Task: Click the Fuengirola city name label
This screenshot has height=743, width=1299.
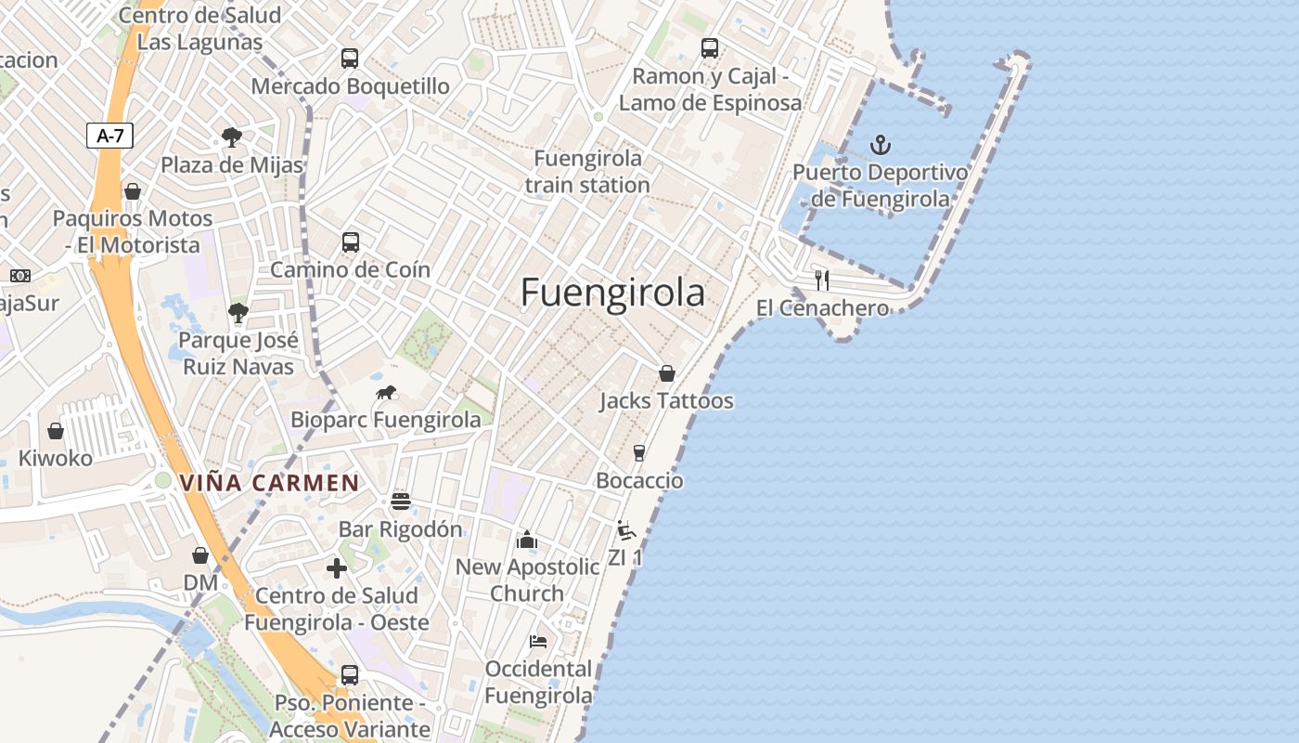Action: click(x=612, y=293)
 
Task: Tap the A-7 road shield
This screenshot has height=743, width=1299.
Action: click(x=110, y=136)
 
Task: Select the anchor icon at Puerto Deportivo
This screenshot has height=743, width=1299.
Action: click(x=880, y=145)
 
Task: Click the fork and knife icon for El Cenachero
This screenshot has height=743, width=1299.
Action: click(x=822, y=280)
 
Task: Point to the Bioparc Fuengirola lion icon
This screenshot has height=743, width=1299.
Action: click(x=386, y=393)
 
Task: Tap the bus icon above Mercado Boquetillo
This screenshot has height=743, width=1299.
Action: click(x=350, y=59)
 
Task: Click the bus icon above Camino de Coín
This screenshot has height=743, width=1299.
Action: click(x=351, y=242)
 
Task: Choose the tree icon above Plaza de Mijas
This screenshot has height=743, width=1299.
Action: click(x=232, y=138)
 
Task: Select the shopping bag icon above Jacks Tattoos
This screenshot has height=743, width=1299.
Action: click(x=666, y=373)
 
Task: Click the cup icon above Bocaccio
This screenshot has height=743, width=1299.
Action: click(x=638, y=453)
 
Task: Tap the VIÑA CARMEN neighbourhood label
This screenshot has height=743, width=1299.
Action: click(x=269, y=483)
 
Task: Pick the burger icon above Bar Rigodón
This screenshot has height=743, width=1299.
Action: click(x=401, y=502)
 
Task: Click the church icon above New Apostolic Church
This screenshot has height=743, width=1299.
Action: click(x=527, y=540)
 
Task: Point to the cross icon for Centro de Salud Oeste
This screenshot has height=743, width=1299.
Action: click(x=337, y=567)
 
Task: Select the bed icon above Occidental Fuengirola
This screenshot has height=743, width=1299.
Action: click(x=538, y=642)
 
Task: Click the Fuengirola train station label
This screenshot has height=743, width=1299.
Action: click(x=587, y=171)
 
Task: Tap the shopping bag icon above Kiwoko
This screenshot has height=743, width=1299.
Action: click(x=56, y=431)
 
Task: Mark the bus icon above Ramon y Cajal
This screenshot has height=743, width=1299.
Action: click(x=710, y=48)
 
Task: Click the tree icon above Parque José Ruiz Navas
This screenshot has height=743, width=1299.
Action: click(x=238, y=313)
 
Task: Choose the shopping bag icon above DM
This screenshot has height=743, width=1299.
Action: click(x=200, y=555)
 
